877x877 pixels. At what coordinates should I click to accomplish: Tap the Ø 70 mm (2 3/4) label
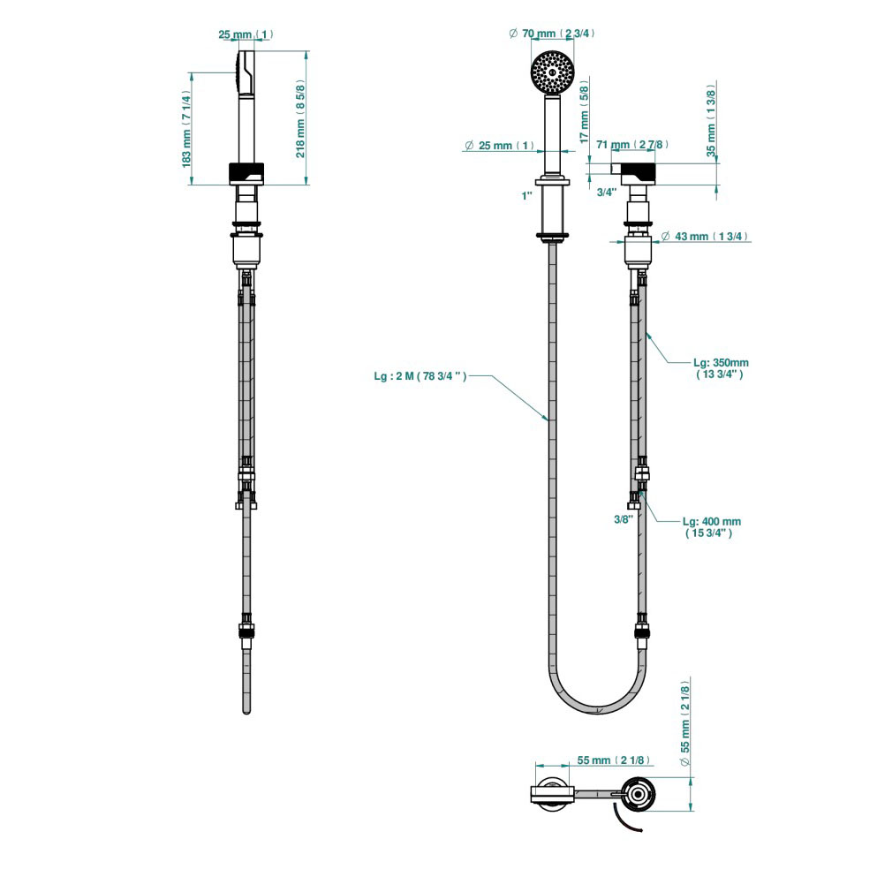coord(551,34)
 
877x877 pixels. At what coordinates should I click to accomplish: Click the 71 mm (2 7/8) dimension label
coord(631,144)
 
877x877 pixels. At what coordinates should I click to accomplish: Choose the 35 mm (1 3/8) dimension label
coord(711,118)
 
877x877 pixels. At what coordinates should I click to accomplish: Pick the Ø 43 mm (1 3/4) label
coord(705,237)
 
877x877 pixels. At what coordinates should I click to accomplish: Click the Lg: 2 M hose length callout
coord(420,376)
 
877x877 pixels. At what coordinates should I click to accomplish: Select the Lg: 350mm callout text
coord(721,367)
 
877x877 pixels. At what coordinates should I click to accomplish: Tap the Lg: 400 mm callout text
coord(712,527)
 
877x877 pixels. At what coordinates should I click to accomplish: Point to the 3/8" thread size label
coord(624,519)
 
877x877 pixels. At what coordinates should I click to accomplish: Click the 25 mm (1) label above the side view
coord(246,34)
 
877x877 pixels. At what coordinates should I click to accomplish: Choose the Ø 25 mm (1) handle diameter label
coord(500,145)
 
